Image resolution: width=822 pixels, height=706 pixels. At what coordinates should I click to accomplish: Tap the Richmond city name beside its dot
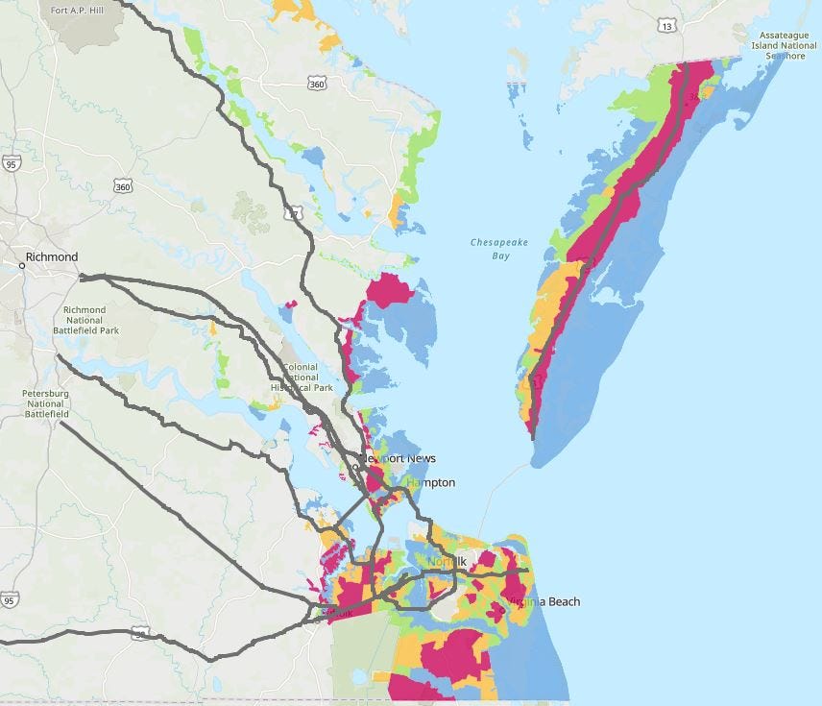point(53,256)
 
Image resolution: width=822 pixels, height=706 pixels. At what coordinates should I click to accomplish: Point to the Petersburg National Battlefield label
point(45,403)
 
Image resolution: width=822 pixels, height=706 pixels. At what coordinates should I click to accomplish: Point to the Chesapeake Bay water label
point(490,249)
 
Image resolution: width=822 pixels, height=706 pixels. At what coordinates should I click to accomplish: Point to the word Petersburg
point(45,393)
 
